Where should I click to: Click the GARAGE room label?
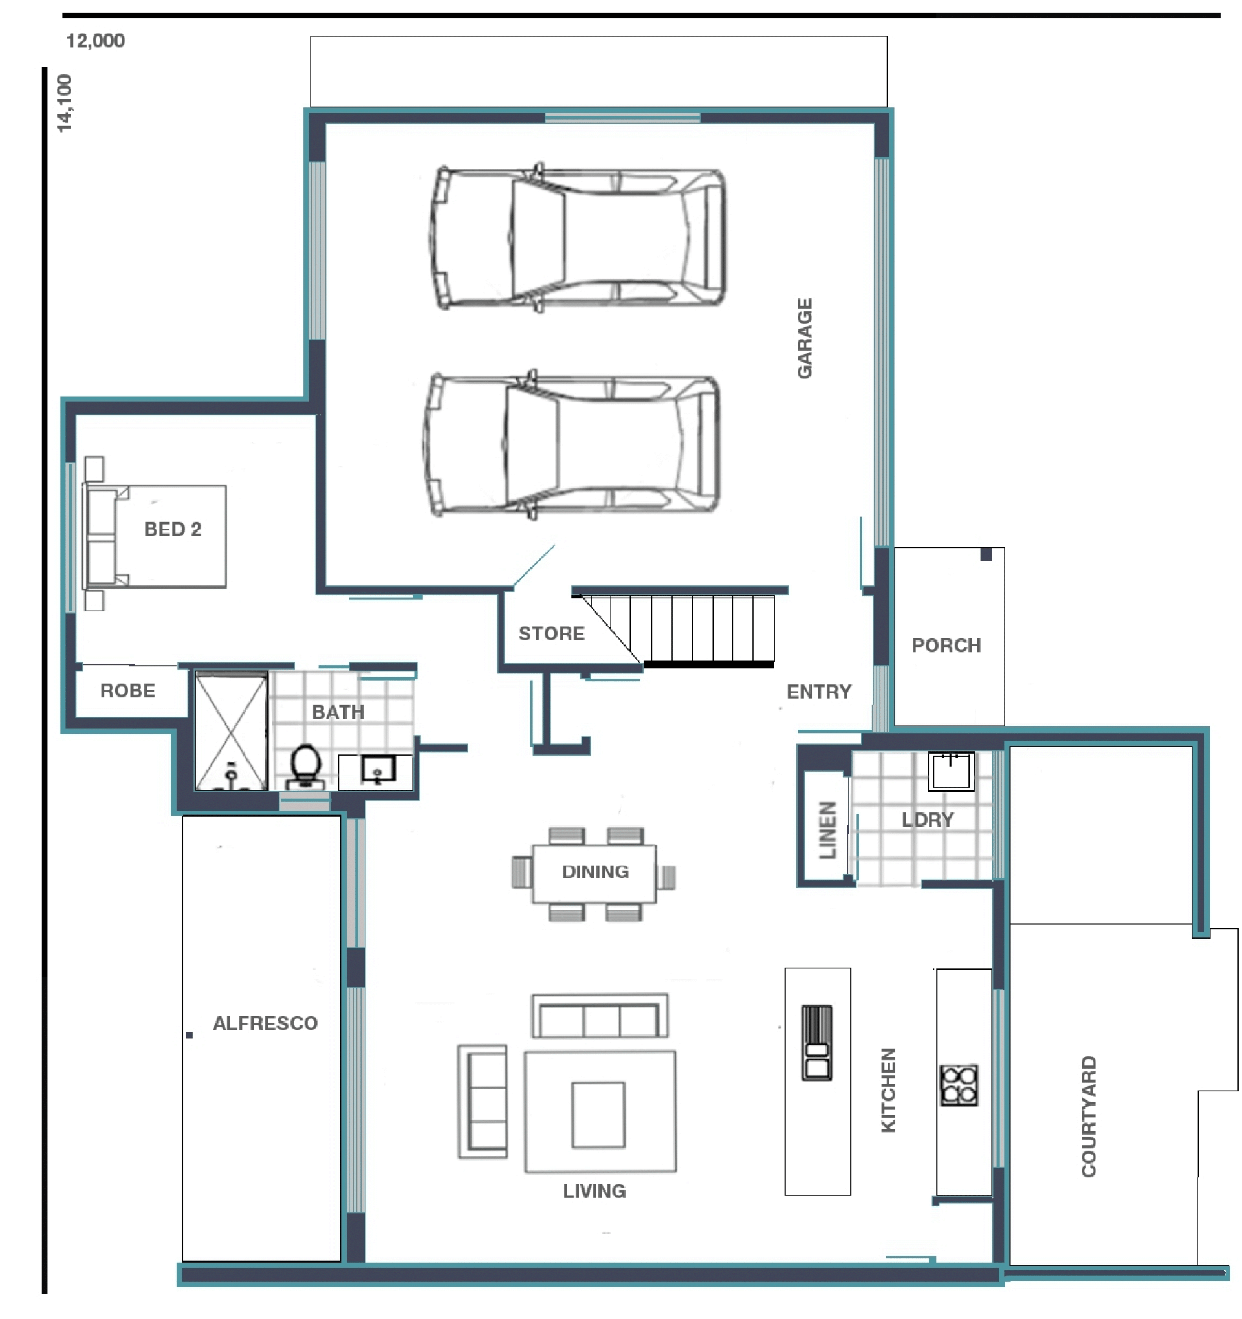[x=803, y=338]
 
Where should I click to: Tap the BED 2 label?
[x=173, y=529]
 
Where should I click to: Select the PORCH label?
[x=946, y=646]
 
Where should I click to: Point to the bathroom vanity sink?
[x=378, y=770]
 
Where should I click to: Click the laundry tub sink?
[x=950, y=771]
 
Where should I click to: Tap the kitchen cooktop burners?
[x=958, y=1085]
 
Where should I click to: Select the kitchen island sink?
[x=816, y=1042]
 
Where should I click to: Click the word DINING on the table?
[x=594, y=872]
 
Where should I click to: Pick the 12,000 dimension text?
[x=95, y=41]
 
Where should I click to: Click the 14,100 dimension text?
[x=64, y=103]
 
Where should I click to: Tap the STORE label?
[x=551, y=633]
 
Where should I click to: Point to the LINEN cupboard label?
[x=827, y=830]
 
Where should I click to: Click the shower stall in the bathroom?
[x=231, y=731]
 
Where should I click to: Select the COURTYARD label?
[x=1088, y=1117]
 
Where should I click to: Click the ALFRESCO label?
[x=265, y=1023]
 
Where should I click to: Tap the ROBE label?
[x=127, y=691]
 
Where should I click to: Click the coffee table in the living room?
[x=598, y=1115]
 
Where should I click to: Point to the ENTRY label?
[x=818, y=692]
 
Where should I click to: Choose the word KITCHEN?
[x=888, y=1090]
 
